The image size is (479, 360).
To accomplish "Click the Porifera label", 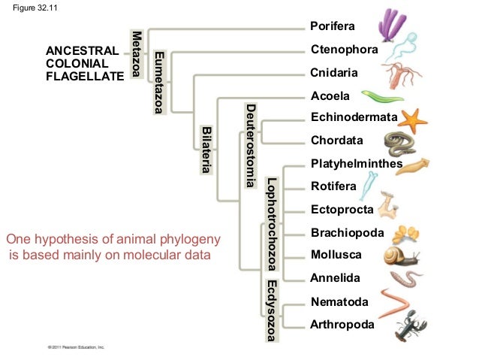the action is tap(332, 27).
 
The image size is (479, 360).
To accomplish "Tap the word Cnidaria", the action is tap(333, 73).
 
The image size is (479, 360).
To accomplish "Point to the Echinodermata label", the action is tap(354, 118).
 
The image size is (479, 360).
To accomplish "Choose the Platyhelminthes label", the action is tap(357, 164).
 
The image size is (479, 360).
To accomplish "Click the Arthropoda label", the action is tap(341, 325).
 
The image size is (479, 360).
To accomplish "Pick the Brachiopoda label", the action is tap(342, 232).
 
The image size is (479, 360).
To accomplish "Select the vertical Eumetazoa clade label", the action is tap(159, 83).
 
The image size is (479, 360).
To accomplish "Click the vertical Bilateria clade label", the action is tap(206, 150).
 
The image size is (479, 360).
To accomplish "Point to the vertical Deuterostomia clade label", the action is tap(252, 146).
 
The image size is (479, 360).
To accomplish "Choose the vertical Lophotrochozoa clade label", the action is tap(272, 223).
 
